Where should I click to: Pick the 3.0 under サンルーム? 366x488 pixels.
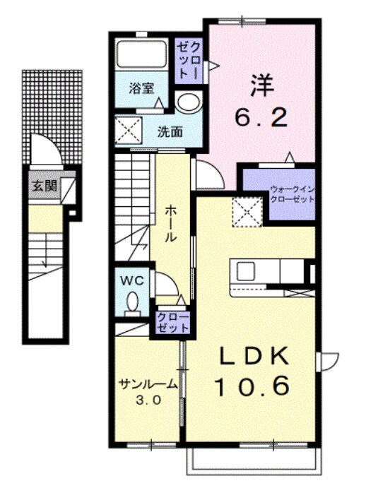click(148, 399)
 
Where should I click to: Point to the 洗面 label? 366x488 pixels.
click(170, 131)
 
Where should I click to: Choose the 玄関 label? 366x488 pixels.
click(41, 186)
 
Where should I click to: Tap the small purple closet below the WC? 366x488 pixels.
click(172, 322)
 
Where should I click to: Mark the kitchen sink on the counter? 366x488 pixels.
click(247, 271)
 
